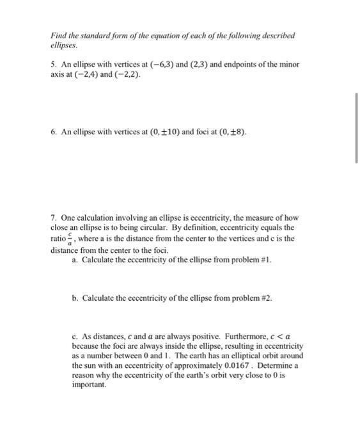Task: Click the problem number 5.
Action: pos(54,65)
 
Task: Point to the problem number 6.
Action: pos(54,132)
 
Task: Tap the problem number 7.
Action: pos(54,218)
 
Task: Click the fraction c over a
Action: pos(77,239)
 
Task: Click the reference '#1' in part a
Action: pos(269,261)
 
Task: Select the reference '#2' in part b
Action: pos(270,298)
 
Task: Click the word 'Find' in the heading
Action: pos(58,36)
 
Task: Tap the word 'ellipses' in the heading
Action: pos(64,46)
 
